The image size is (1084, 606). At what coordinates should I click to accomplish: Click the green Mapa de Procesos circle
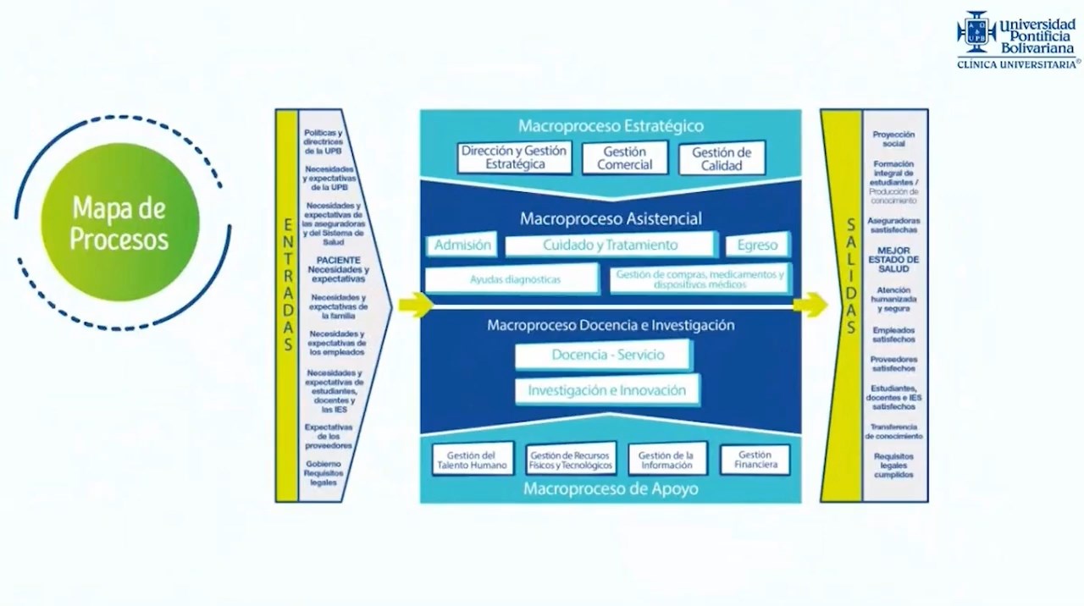pos(119,223)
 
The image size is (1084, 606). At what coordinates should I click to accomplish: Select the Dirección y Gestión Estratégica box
pos(515,157)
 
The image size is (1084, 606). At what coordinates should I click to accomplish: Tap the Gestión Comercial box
pos(625,158)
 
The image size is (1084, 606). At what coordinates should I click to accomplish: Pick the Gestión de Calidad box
pos(722,158)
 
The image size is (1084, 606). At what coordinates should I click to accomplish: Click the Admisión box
pos(462,245)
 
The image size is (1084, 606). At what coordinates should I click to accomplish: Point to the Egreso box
pos(757,245)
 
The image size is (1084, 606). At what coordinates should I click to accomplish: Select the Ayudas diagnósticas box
pos(515,279)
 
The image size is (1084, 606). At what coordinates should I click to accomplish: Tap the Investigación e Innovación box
pos(607,390)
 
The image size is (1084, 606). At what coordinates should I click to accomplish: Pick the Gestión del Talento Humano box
pos(472,460)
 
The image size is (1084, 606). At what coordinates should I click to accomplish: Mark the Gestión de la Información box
pos(666,460)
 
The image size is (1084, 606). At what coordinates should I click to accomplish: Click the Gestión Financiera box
pos(755,460)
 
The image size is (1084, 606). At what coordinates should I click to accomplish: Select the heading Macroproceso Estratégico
pos(611,126)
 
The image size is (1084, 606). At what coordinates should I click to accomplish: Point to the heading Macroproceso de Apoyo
pos(611,488)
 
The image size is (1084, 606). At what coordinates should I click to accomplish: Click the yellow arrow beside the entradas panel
pos(415,304)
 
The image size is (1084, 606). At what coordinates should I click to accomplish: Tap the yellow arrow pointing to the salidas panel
pos(810,305)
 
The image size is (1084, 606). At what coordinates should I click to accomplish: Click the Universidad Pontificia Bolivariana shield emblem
pos(976,32)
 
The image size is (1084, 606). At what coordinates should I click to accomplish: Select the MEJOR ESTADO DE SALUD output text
pos(894,260)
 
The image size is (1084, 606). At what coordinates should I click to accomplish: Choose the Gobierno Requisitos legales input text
pos(324,473)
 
